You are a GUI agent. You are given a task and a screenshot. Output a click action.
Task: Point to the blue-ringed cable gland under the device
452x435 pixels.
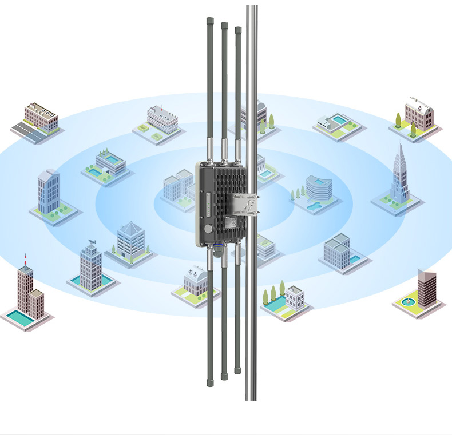point(217,247)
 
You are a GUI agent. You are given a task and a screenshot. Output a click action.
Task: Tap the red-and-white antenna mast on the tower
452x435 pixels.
point(25,260)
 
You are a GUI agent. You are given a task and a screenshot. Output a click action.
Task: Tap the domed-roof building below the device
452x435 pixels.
point(195,279)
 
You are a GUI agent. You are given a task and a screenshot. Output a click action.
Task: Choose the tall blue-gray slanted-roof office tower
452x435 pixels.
point(49,191)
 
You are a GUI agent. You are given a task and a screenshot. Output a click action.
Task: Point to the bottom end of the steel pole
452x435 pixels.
point(251,398)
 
